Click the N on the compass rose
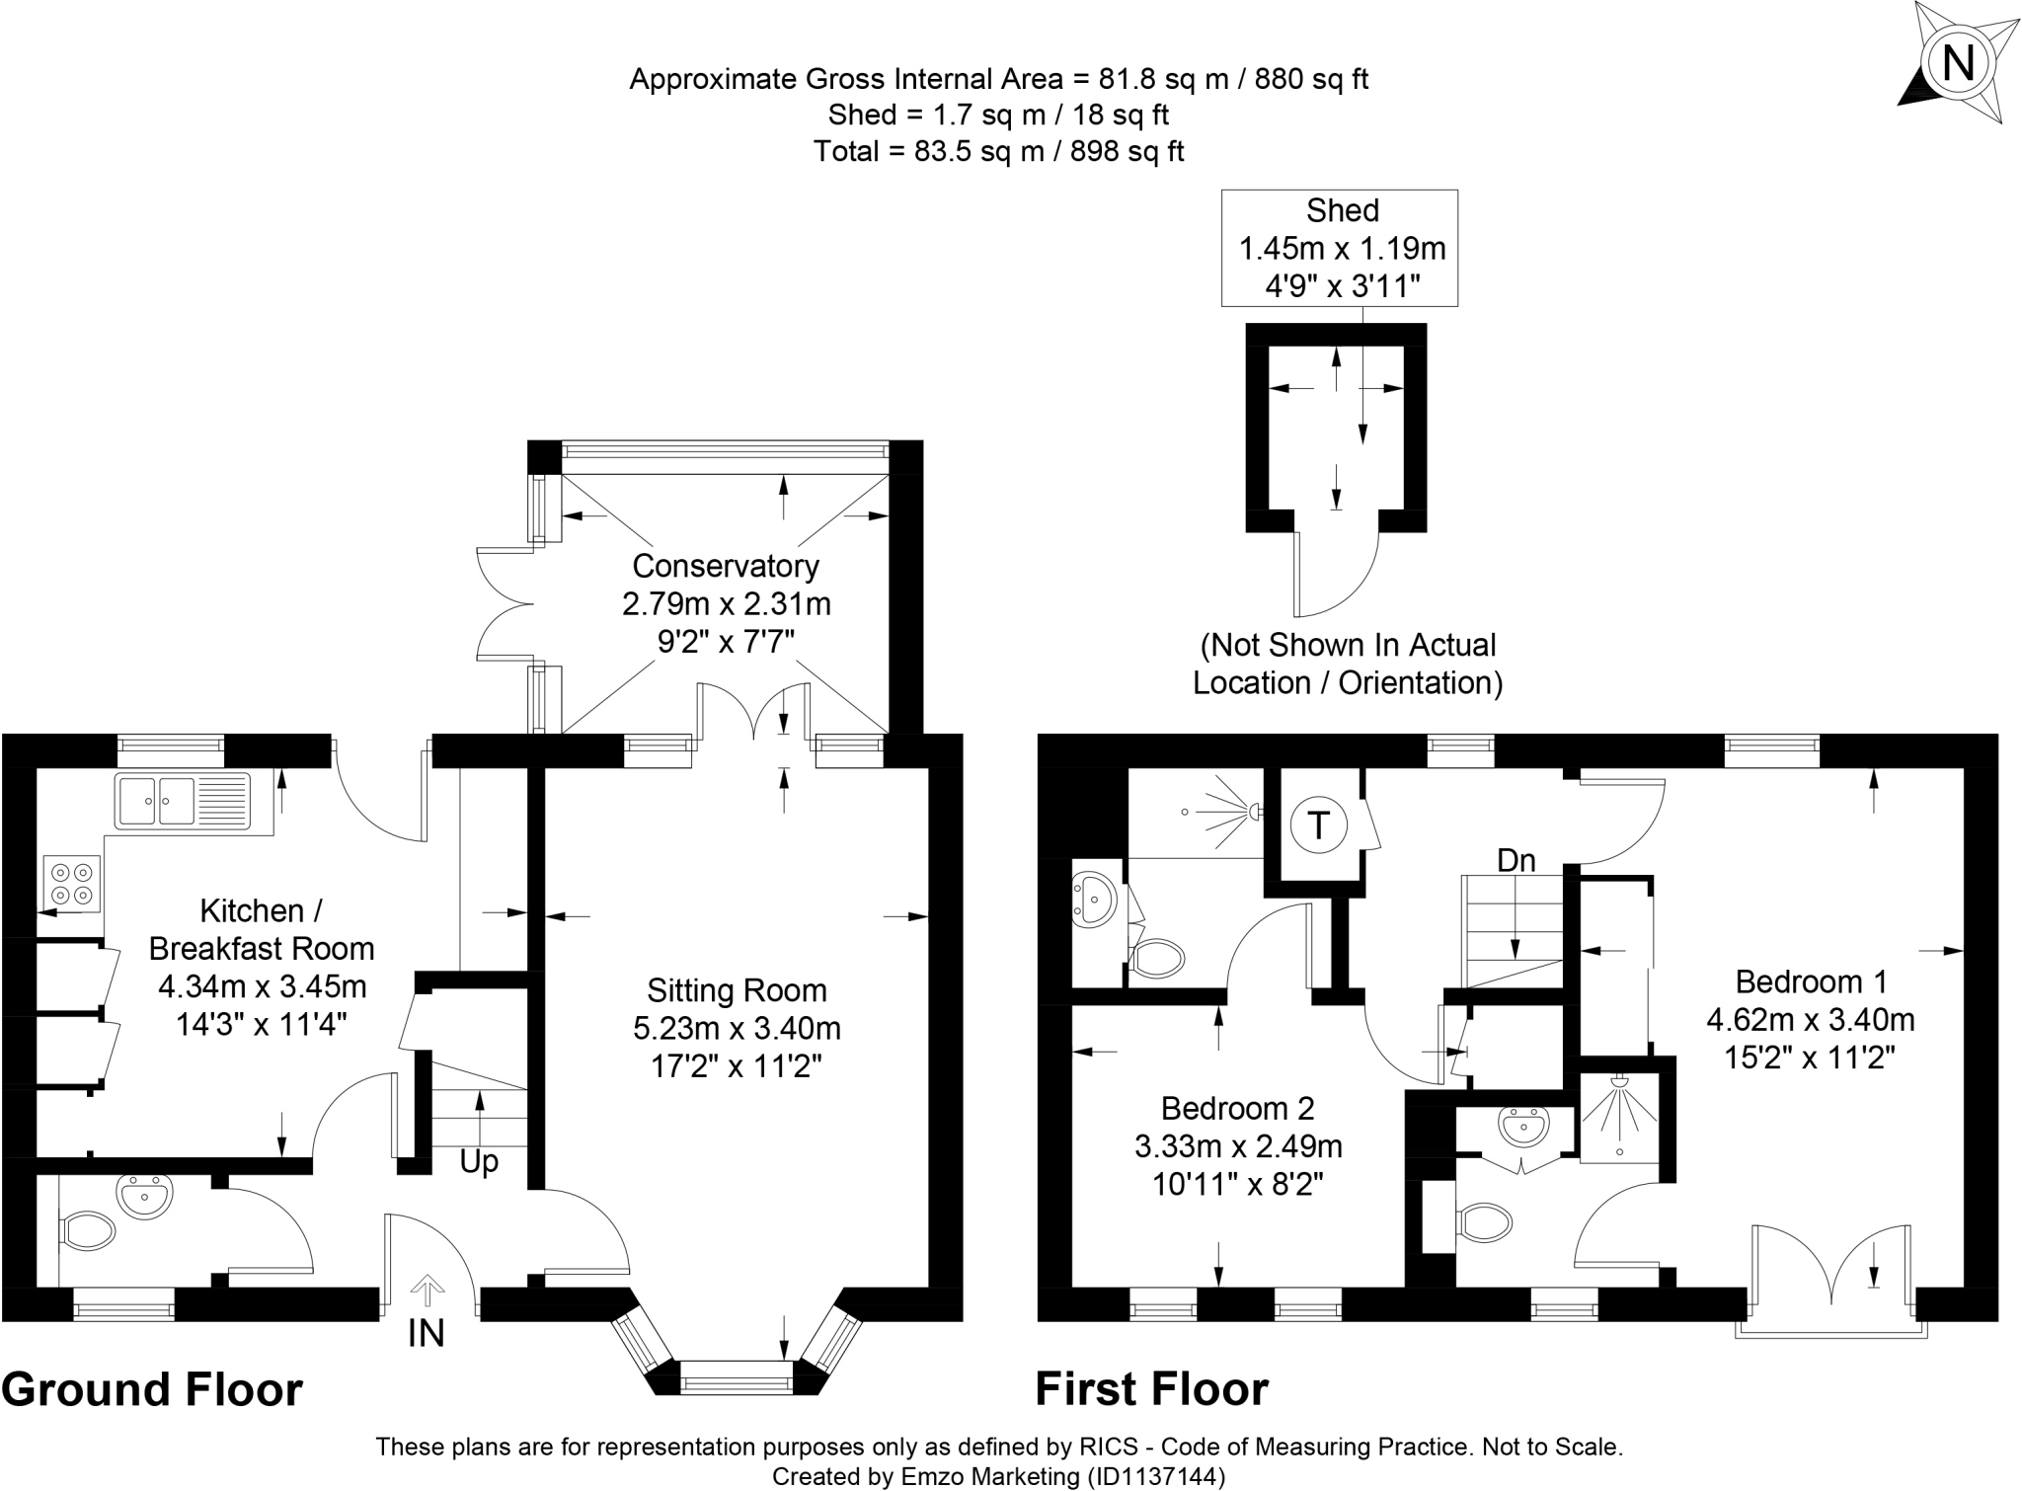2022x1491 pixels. pos(1958,63)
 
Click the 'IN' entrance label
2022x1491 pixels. pos(427,1333)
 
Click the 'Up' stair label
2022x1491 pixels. pos(479,1162)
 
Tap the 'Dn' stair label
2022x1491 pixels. pos(1516,861)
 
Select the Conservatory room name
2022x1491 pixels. pos(726,566)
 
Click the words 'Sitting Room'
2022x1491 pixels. pos(737,990)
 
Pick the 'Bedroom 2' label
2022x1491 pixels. pos(1237,1108)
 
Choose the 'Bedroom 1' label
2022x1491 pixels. pos(1811,981)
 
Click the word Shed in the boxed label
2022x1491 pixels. pos(1342,210)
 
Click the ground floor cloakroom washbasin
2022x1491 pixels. pos(144,1197)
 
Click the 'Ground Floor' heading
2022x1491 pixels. pos(152,1389)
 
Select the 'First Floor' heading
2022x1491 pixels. pos(1151,1389)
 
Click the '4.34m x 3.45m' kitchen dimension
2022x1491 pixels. pos(262,985)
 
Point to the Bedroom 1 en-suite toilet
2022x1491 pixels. pos(1486,1222)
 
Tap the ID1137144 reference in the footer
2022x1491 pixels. pos(1156,1476)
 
